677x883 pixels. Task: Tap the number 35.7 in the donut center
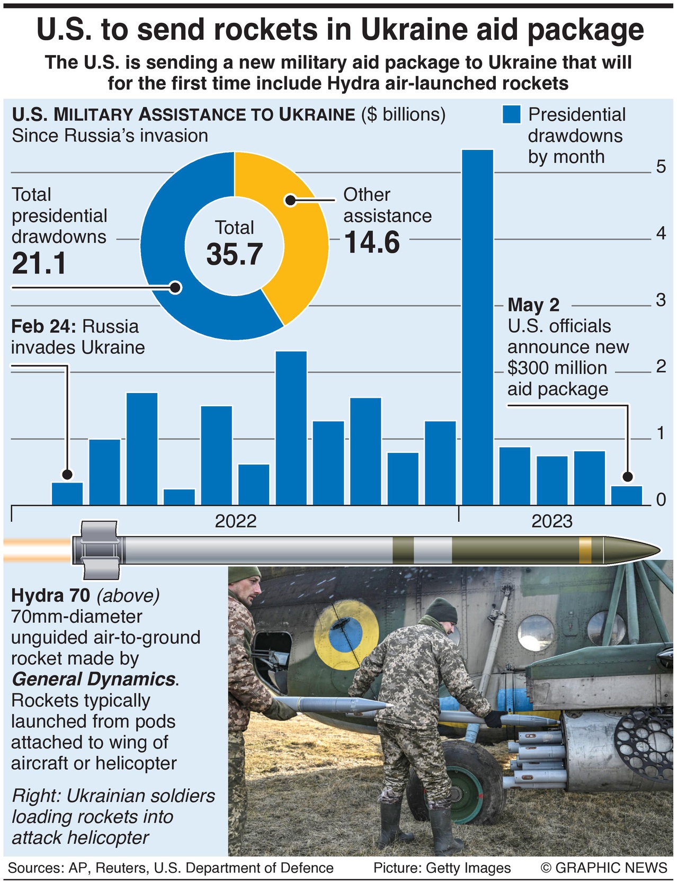tap(234, 254)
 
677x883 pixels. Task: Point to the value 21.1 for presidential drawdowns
tap(39, 263)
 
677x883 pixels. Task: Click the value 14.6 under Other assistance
tap(372, 243)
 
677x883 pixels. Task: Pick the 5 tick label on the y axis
tap(661, 167)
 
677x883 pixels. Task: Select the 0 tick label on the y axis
tap(661, 500)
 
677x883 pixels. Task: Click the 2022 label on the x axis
tap(235, 521)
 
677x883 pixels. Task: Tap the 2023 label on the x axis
tap(551, 521)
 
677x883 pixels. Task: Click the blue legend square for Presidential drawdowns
tap(511, 114)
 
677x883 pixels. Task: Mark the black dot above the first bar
tap(67, 474)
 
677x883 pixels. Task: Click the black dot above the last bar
tap(628, 476)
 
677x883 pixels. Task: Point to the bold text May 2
tap(533, 305)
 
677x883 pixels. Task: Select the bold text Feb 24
tap(43, 326)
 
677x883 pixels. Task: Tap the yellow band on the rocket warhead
tap(585, 550)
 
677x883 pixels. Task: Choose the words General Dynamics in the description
tap(94, 679)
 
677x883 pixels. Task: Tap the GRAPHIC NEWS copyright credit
tap(604, 868)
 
